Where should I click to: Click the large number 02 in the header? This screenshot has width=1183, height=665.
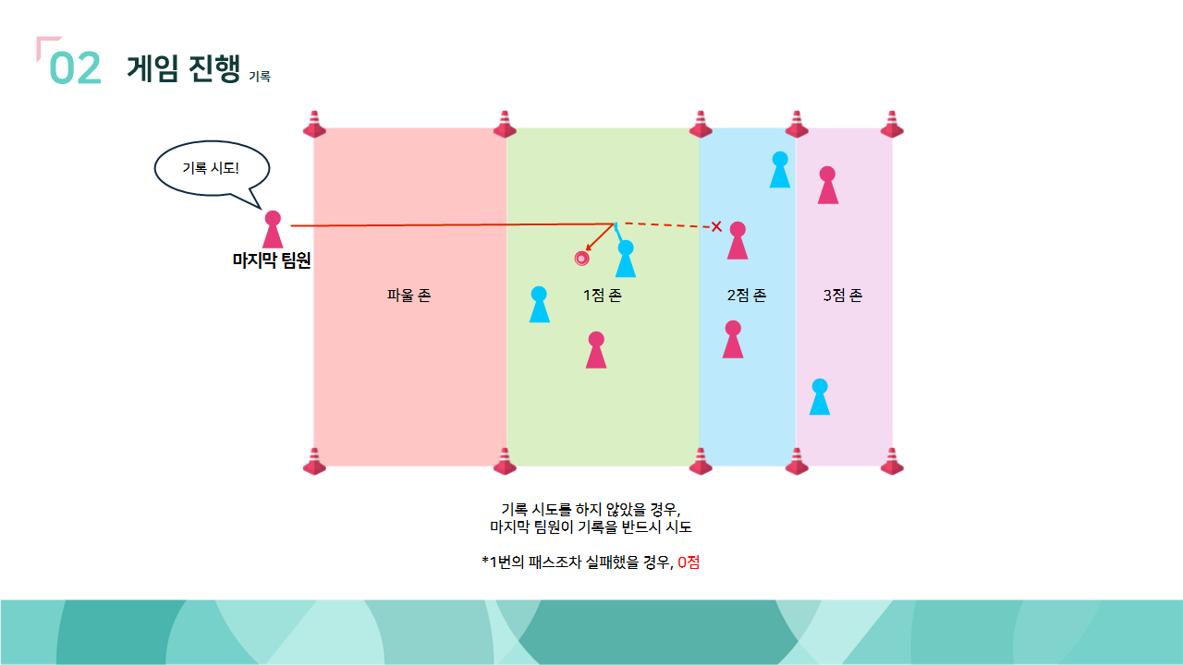tap(76, 68)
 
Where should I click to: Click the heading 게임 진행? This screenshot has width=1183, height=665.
tap(183, 68)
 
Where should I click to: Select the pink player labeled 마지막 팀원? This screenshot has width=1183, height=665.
tap(273, 229)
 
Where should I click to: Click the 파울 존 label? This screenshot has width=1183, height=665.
tap(409, 296)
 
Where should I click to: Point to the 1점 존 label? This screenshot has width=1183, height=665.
tap(602, 296)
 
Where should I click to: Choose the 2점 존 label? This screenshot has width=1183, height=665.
tap(746, 296)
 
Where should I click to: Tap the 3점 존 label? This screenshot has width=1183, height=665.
tap(842, 296)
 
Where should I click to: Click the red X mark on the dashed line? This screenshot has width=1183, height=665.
tap(716, 226)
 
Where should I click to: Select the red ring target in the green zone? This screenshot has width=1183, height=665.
tap(581, 259)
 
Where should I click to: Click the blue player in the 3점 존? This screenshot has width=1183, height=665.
tap(819, 397)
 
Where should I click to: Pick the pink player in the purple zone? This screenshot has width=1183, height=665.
tap(827, 186)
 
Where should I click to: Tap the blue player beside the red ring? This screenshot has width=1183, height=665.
tap(626, 259)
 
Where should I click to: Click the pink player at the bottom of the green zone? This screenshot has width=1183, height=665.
tap(596, 350)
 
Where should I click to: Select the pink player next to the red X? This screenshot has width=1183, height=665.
tap(738, 241)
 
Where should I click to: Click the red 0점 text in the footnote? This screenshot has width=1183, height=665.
tap(689, 562)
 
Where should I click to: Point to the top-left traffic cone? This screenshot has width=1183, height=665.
tap(315, 125)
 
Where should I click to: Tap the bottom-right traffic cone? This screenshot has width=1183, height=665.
tap(892, 461)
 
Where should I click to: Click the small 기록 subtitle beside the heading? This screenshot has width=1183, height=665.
tap(260, 78)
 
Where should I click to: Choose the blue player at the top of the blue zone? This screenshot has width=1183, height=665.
tap(780, 170)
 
